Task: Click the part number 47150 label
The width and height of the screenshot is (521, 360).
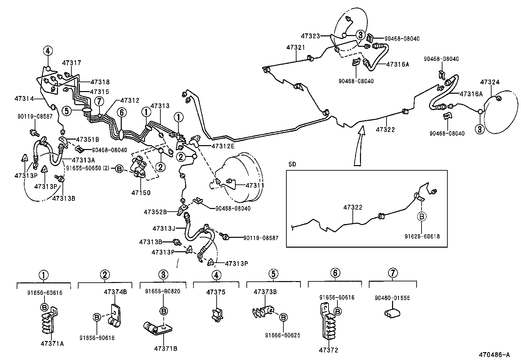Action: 141,193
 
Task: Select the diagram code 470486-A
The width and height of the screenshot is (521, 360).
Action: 494,354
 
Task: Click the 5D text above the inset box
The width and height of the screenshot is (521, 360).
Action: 292,164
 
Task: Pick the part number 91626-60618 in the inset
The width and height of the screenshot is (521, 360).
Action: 422,236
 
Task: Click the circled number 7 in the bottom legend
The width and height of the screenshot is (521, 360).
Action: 393,273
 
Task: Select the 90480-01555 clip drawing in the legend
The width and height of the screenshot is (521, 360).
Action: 391,313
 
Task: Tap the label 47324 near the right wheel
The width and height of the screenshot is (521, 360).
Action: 490,82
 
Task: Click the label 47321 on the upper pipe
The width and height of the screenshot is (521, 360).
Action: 296,47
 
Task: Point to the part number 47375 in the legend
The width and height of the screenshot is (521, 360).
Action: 216,292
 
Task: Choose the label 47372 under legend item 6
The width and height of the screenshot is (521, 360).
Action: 328,350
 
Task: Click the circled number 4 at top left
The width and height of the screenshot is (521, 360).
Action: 48,51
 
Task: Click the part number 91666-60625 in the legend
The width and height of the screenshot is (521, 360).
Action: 282,335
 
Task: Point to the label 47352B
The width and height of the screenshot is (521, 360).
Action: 155,212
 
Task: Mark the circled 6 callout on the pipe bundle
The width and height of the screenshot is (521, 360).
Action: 121,113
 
